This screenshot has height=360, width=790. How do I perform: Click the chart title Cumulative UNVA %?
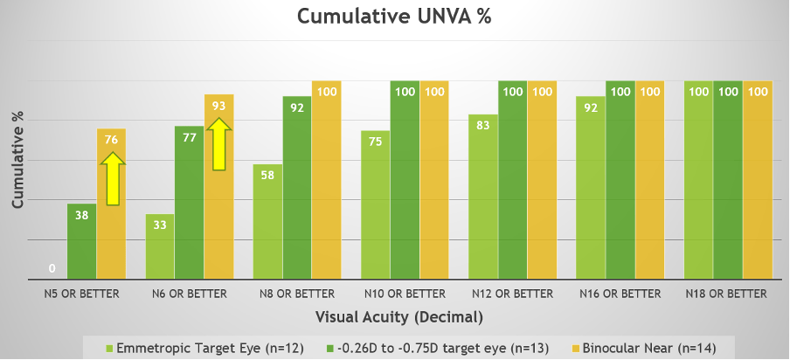coord(394,17)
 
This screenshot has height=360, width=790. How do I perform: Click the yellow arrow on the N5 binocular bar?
coord(112,178)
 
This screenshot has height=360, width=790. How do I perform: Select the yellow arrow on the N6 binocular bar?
coord(219,143)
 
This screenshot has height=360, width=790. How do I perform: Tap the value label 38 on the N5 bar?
coord(81,214)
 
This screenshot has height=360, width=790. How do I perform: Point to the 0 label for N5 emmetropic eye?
coord(52,268)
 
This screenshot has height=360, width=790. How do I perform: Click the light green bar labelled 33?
coord(160,247)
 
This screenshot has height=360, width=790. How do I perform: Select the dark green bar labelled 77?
coord(190,204)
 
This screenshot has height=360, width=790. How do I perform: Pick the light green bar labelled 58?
coord(267,222)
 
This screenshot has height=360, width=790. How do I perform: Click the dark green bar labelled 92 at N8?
coord(297,188)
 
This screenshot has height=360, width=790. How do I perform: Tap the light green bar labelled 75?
coord(376,205)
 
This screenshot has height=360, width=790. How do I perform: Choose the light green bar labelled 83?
coord(483,197)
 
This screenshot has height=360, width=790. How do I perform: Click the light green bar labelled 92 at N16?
coord(591,189)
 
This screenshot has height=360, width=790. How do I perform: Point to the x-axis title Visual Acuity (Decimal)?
coord(395,316)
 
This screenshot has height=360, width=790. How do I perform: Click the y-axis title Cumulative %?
coord(17,159)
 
